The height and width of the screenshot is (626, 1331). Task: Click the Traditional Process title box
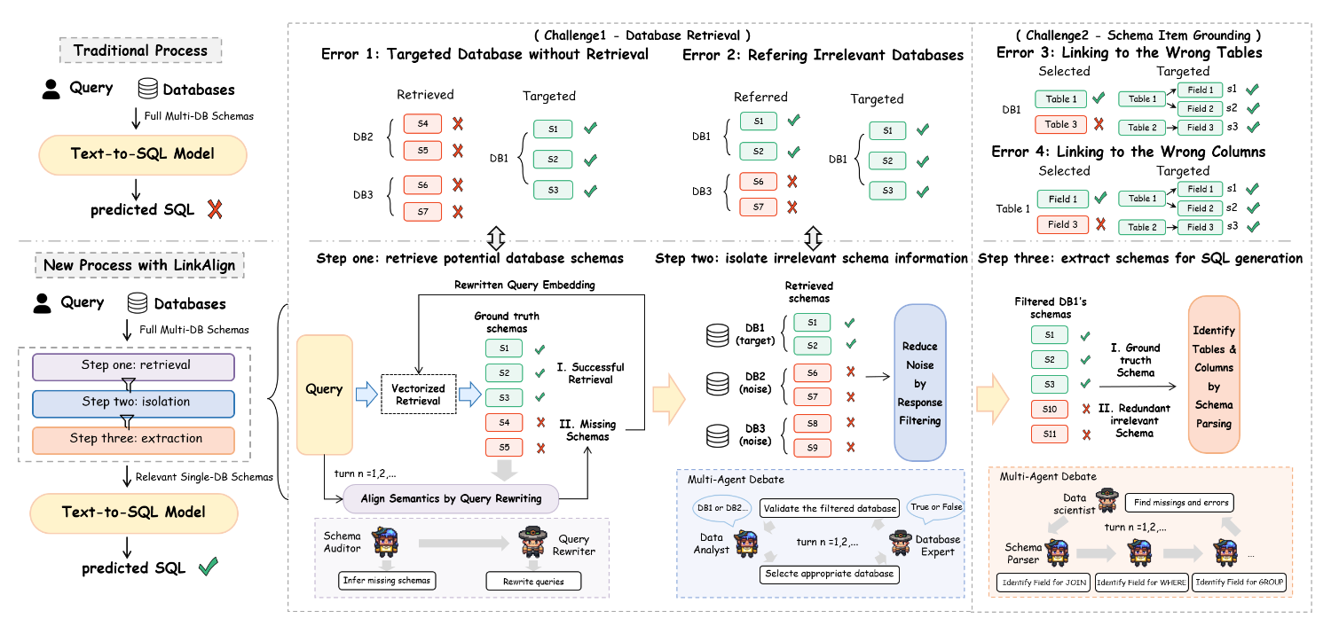click(140, 51)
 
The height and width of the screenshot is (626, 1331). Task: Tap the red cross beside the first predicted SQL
click(214, 210)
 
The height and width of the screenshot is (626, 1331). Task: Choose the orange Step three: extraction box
click(133, 439)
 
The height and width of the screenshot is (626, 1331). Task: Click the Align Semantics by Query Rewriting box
click(451, 498)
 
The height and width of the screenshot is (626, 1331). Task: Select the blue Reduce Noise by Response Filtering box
click(920, 382)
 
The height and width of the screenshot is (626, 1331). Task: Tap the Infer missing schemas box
click(385, 582)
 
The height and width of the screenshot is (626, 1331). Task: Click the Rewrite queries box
click(531, 582)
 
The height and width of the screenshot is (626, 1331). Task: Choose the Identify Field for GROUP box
click(1240, 583)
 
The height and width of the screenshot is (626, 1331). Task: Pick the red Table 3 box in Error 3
click(1061, 124)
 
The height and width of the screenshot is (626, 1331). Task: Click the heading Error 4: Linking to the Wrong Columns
click(1129, 152)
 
